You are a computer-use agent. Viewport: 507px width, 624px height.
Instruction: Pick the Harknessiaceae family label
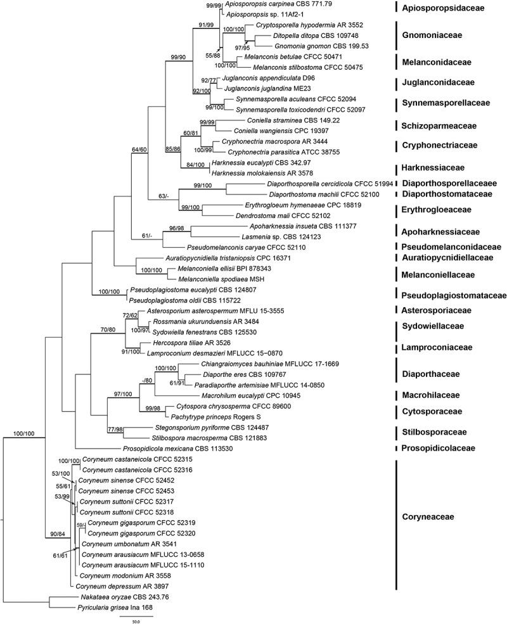(437, 168)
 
